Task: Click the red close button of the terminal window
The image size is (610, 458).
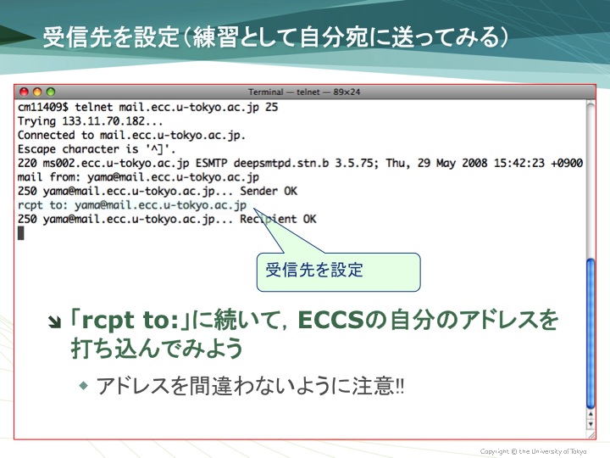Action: click(24, 92)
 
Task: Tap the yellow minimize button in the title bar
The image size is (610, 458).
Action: click(37, 92)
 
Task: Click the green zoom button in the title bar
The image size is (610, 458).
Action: click(51, 92)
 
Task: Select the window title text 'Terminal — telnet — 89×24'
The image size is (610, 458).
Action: click(304, 92)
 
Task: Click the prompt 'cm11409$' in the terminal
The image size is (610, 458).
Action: click(43, 107)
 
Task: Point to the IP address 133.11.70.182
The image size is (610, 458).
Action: click(103, 121)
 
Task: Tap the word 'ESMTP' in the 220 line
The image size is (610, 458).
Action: click(211, 163)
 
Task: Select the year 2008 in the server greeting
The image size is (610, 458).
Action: click(474, 163)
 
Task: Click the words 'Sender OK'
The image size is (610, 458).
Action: click(269, 191)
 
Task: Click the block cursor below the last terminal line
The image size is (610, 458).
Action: click(21, 233)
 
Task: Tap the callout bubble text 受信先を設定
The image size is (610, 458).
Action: click(314, 270)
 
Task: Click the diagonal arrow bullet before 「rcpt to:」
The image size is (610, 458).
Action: click(54, 322)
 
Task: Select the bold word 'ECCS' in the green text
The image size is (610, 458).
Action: click(330, 320)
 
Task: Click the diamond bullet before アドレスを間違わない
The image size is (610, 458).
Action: click(84, 386)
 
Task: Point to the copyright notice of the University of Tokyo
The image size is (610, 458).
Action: click(533, 451)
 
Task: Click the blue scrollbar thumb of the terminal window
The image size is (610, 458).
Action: click(591, 333)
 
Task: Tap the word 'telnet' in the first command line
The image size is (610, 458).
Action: click(94, 107)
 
